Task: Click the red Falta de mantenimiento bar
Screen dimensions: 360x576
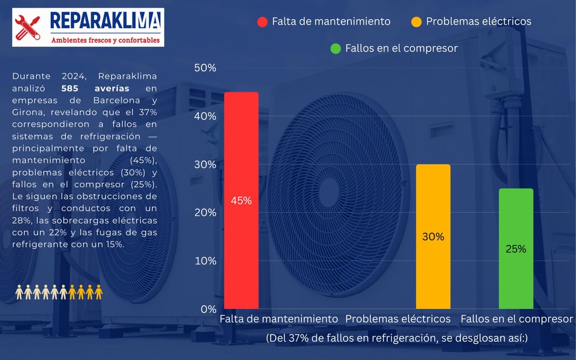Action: click(x=241, y=158)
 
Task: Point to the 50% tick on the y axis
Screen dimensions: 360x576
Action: click(x=205, y=68)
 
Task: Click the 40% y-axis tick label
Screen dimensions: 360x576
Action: click(x=205, y=116)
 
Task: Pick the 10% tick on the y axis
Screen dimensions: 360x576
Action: click(x=205, y=261)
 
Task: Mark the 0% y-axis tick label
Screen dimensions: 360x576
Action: click(x=208, y=309)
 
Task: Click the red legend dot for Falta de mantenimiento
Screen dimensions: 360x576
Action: click(x=262, y=22)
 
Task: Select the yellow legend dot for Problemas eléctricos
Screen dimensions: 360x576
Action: click(x=416, y=22)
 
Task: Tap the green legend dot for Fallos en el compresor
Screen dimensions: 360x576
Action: click(x=335, y=49)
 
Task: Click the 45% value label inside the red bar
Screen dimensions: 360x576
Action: click(x=241, y=201)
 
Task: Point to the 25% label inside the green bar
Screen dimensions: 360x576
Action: click(x=515, y=249)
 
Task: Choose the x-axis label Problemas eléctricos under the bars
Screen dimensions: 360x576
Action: click(x=398, y=319)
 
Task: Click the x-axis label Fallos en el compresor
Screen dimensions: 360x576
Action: click(x=516, y=319)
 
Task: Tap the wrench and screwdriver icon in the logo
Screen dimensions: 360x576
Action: click(x=27, y=26)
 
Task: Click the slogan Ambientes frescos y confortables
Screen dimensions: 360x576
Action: click(x=105, y=40)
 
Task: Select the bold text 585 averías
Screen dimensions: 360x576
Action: click(x=95, y=88)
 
